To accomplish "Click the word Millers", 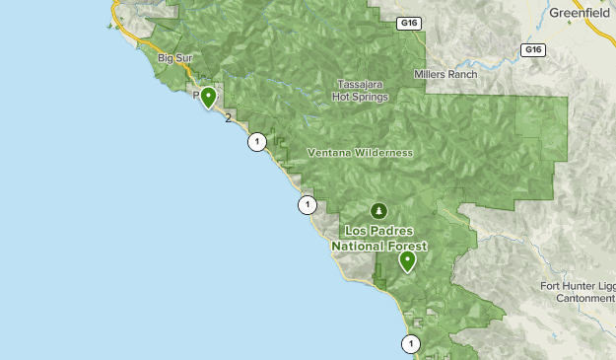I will (x=429, y=75).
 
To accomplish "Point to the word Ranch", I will (x=461, y=75).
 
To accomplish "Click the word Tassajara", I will (x=360, y=85).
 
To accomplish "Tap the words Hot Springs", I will (x=360, y=97).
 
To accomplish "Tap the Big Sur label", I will (x=173, y=58).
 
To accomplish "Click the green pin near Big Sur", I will (x=208, y=98).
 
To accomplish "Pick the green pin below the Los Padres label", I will (x=406, y=260).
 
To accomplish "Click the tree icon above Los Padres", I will (x=378, y=210).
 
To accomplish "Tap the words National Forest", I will (x=378, y=246).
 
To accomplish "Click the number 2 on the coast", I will (x=229, y=118).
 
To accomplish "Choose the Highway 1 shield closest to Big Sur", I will (x=257, y=142).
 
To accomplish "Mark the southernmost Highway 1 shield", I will (x=410, y=344).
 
